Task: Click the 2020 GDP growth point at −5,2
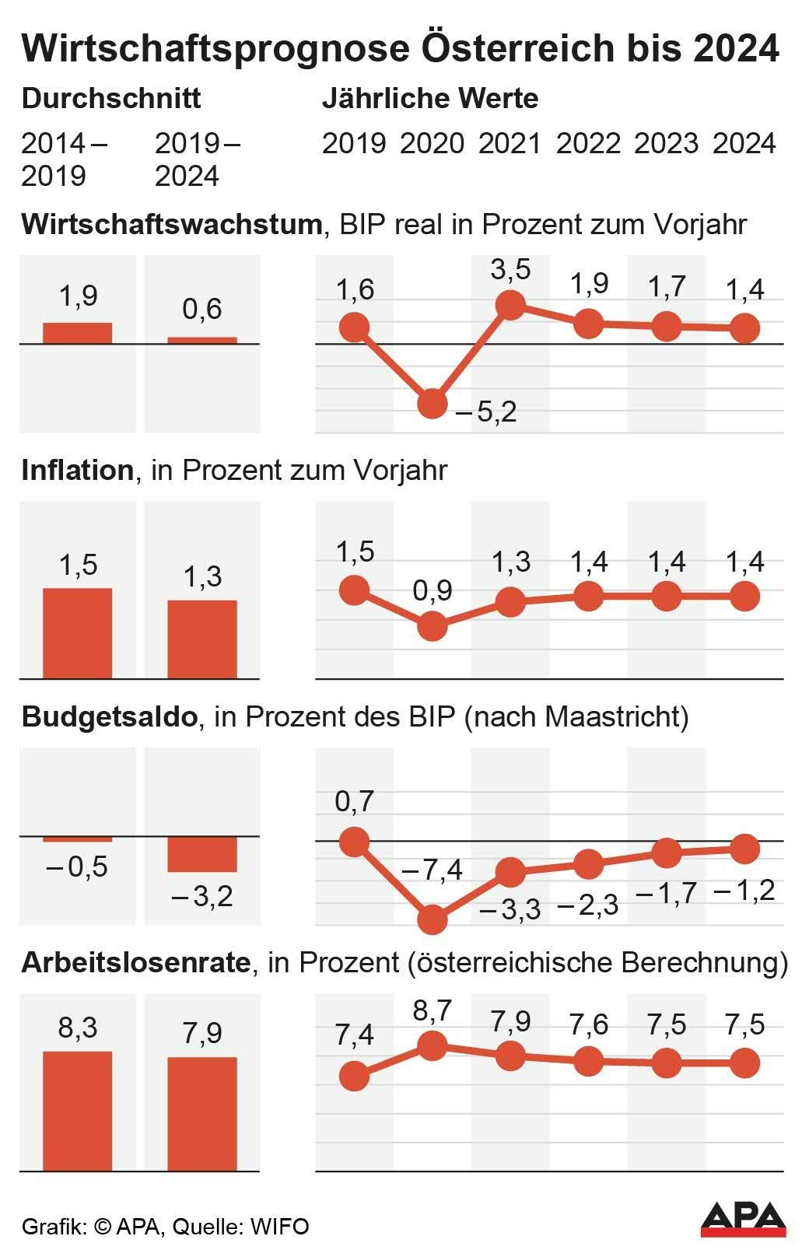(433, 404)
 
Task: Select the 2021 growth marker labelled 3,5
(510, 304)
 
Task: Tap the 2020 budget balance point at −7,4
(433, 920)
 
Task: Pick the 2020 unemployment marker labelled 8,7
(433, 1045)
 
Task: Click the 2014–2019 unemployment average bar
(77, 1111)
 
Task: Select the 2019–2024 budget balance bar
(202, 854)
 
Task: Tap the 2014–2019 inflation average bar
(77, 633)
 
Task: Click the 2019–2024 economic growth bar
(202, 340)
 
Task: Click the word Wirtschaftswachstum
(171, 224)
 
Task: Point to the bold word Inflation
(77, 471)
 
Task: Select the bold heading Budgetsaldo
(109, 716)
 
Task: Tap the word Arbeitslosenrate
(136, 963)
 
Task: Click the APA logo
(743, 1218)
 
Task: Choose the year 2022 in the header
(588, 144)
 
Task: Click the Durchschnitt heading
(110, 99)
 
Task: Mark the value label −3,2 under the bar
(202, 897)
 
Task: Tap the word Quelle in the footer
(205, 1227)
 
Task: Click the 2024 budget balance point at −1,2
(744, 849)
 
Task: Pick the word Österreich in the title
(513, 48)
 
